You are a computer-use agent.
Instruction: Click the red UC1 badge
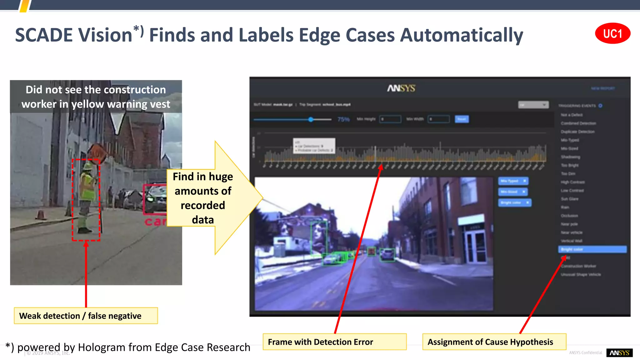point(612,33)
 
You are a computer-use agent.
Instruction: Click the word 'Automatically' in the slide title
point(462,35)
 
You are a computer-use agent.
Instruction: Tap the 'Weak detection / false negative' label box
point(86,316)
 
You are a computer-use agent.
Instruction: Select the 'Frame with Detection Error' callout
point(334,342)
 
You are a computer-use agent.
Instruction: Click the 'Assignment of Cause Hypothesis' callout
point(494,342)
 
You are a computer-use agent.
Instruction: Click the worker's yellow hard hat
point(88,166)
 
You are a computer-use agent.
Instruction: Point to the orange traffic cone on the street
point(40,215)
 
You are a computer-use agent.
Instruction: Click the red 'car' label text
point(155,221)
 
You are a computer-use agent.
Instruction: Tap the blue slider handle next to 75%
point(311,119)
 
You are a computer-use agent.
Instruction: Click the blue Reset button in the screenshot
point(462,119)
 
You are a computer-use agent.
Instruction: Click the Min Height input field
point(390,119)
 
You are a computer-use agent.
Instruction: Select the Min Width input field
point(438,119)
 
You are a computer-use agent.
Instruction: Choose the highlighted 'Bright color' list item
point(592,249)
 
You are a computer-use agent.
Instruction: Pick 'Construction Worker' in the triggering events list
point(578,266)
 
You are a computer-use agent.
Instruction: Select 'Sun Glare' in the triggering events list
point(570,199)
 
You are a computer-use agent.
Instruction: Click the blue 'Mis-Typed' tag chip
point(512,181)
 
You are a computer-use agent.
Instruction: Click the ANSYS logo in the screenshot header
point(401,88)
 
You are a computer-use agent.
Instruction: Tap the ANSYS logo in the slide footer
point(619,353)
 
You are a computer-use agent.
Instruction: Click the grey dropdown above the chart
point(533,105)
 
